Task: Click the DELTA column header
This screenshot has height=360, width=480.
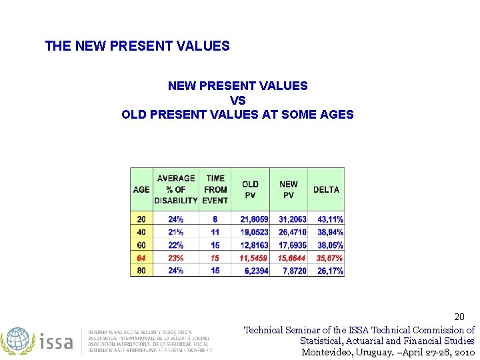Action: pyautogui.click(x=326, y=189)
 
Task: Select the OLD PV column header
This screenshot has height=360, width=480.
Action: pyautogui.click(x=251, y=189)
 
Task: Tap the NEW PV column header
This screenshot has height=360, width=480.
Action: pyautogui.click(x=289, y=189)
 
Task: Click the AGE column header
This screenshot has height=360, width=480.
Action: pyautogui.click(x=141, y=189)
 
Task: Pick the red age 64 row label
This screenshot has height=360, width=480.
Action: pyautogui.click(x=141, y=258)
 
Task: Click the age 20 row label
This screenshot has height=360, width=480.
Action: pyautogui.click(x=141, y=219)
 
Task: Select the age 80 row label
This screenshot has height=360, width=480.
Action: pyautogui.click(x=141, y=271)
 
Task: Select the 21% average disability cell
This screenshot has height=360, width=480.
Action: pyautogui.click(x=176, y=232)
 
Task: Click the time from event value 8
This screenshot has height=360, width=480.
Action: pyautogui.click(x=215, y=219)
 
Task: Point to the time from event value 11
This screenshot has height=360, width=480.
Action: pyautogui.click(x=215, y=232)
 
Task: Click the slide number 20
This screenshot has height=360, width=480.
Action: pyautogui.click(x=459, y=316)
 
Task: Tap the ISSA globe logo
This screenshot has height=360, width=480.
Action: pyautogui.click(x=18, y=340)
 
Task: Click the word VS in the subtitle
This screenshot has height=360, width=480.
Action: pyautogui.click(x=237, y=100)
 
